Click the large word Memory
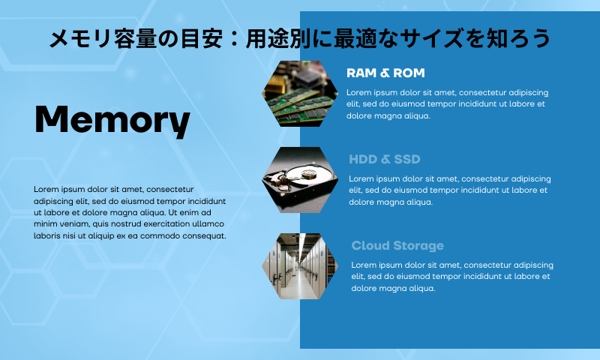(112, 121)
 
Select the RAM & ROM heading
(385, 73)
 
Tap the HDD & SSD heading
(385, 159)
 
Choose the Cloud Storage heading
(397, 245)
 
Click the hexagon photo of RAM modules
(300, 94)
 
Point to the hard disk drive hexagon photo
(300, 180)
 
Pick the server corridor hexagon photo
(300, 266)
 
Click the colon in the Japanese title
(234, 39)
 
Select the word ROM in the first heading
(409, 73)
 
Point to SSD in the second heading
(407, 159)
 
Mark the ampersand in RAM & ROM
(385, 73)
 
